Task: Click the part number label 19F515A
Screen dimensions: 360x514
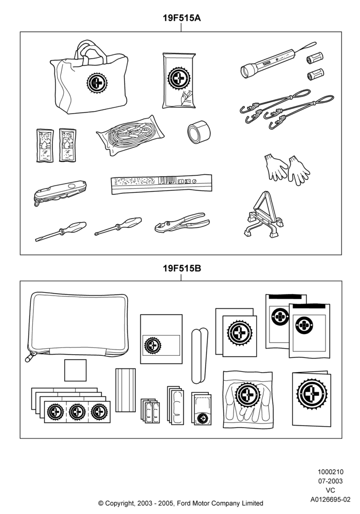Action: (182, 17)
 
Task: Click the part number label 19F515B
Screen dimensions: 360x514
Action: (182, 268)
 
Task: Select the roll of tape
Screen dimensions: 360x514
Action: (199, 132)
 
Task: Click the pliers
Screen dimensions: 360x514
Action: (182, 223)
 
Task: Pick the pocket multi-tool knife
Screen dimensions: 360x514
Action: (60, 192)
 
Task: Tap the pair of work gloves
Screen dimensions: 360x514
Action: (287, 169)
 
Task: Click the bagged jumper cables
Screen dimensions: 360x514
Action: (130, 135)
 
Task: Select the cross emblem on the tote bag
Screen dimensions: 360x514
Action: (97, 83)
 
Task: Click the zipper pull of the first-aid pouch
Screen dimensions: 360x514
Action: (31, 357)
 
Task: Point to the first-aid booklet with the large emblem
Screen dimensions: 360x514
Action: (312, 399)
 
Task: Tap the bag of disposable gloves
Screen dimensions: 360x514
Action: (248, 399)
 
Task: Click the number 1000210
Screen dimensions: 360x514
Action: (331, 472)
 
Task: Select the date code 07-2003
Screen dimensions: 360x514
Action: (331, 481)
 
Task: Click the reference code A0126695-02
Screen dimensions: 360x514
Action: (331, 499)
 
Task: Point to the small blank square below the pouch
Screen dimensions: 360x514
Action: (75, 370)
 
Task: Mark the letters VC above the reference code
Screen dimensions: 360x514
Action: (331, 490)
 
